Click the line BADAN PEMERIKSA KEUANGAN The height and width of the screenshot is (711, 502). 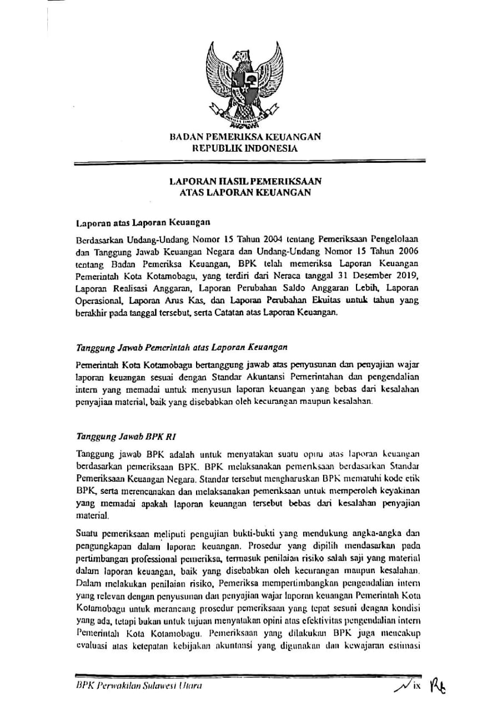click(245, 137)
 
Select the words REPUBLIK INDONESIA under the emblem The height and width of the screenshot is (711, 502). click(245, 148)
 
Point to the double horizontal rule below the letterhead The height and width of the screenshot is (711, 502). click(249, 163)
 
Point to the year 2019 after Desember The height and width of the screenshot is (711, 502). click(412, 276)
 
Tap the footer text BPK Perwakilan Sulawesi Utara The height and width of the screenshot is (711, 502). click(138, 686)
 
